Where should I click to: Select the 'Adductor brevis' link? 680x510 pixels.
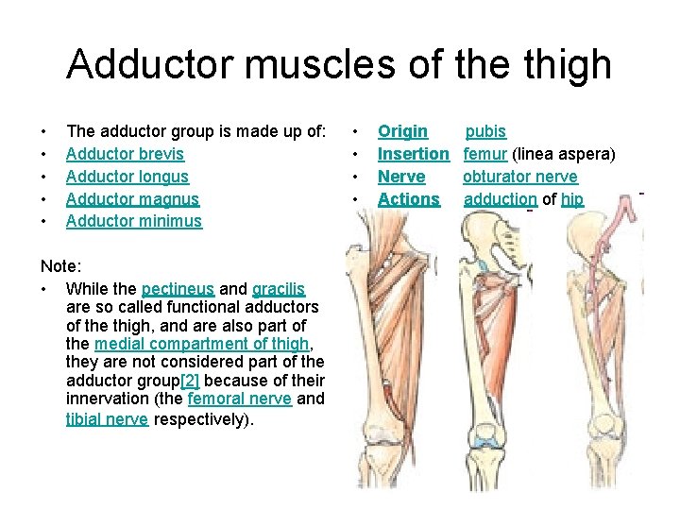point(125,154)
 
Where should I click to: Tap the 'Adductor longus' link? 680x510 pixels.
point(127,177)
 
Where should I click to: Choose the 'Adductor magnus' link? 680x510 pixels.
point(132,199)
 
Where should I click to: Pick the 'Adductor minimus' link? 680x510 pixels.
point(133,221)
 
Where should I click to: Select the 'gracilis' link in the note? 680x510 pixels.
point(279,289)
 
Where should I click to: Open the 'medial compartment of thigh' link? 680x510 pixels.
point(202,343)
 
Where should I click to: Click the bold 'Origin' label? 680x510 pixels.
point(402,131)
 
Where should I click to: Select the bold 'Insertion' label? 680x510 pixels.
point(413,154)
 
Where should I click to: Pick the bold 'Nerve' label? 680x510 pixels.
point(401,177)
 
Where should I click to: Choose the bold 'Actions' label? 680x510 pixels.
point(408,199)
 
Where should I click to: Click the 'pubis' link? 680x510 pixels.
point(485,131)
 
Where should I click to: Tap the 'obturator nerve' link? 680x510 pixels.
point(519,177)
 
